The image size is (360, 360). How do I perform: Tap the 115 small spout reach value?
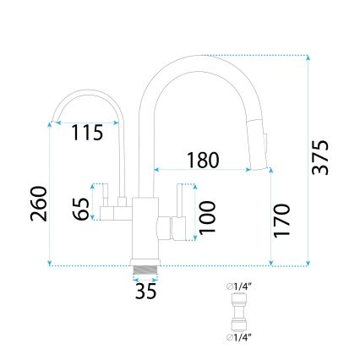[87, 133]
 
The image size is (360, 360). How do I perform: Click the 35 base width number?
[146, 292]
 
